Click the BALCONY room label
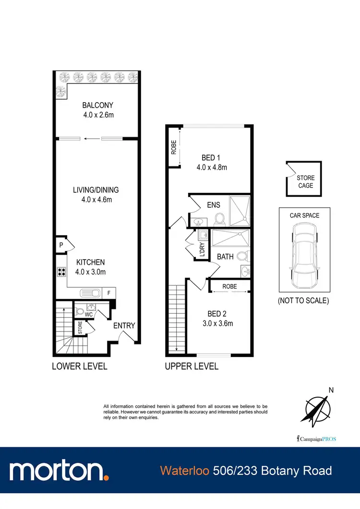[x=97, y=106]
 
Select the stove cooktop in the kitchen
[x=62, y=272]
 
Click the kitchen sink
[x=90, y=293]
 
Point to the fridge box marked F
[x=109, y=293]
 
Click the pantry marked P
[x=61, y=245]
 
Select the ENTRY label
[x=124, y=326]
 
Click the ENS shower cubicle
[x=239, y=210]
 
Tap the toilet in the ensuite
[x=219, y=219]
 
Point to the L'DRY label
[x=202, y=250]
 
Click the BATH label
[x=225, y=257]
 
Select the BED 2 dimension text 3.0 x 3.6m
[x=217, y=323]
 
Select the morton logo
[x=58, y=470]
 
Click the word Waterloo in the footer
[x=185, y=471]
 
